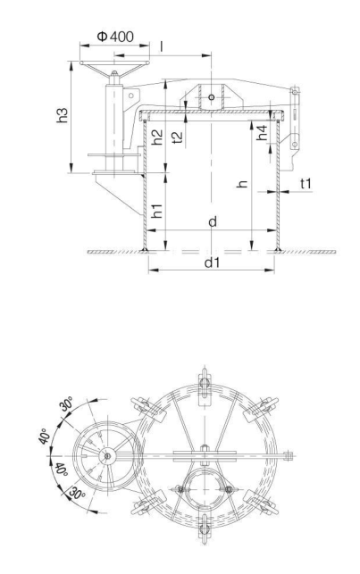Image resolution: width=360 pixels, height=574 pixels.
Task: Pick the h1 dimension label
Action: pos(156,210)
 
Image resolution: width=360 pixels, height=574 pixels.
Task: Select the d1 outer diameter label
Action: pos(211,263)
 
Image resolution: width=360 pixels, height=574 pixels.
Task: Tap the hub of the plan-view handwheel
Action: pos(107,455)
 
